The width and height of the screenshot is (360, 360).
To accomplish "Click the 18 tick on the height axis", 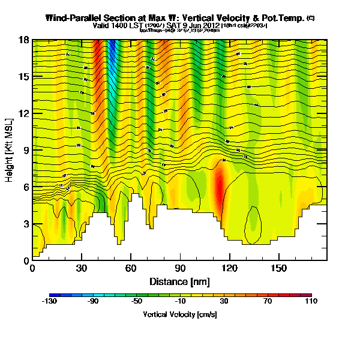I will coord(24,40).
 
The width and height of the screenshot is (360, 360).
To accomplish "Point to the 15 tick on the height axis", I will coord(24,77).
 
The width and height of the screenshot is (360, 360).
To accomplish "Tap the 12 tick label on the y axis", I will coord(24,113).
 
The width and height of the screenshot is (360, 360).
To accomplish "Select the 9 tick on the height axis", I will coord(26,151).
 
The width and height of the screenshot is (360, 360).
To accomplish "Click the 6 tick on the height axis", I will coord(26,187).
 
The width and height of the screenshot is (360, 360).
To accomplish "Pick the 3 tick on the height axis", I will coord(26,224).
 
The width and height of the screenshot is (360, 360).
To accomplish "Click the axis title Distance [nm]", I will coord(179,280).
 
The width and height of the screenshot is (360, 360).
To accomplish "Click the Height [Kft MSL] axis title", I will coord(10,150).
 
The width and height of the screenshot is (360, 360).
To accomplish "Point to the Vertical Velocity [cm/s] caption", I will coord(179,314).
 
